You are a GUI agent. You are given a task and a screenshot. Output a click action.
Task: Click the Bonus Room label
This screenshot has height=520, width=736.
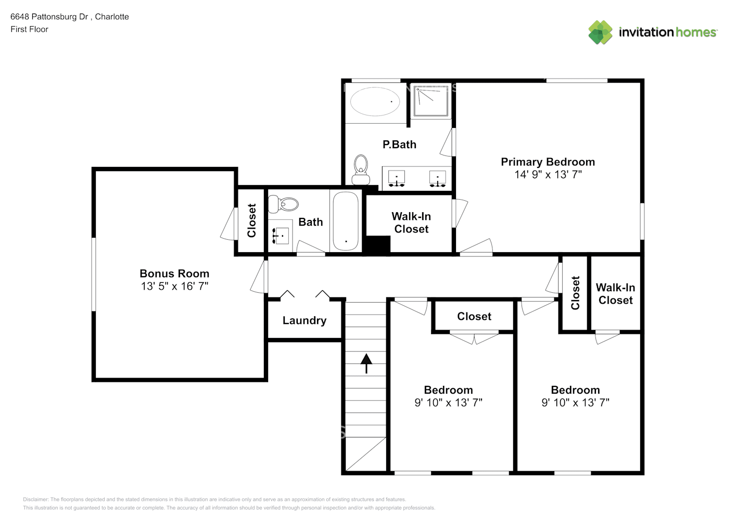click(174, 274)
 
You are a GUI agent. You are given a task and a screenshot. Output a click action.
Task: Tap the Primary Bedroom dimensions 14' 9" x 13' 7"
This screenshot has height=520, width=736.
click(548, 175)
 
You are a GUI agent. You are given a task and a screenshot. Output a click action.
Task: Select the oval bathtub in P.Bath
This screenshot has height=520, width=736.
click(375, 101)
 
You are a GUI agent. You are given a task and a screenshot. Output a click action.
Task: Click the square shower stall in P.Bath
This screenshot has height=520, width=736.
click(431, 101)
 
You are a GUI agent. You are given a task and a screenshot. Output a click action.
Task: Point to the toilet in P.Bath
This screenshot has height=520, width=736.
click(361, 170)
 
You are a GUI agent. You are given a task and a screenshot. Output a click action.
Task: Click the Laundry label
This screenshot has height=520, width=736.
click(304, 320)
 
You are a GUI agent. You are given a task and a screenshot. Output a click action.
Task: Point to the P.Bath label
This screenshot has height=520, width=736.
click(399, 145)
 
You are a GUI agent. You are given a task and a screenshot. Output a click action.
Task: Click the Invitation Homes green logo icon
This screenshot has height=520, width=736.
click(600, 32)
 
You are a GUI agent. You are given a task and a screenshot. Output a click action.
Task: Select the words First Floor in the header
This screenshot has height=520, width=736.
click(29, 29)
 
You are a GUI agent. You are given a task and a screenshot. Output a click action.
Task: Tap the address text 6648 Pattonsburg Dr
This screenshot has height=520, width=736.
click(49, 17)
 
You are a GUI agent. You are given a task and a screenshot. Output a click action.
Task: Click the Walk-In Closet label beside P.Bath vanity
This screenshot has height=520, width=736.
click(411, 223)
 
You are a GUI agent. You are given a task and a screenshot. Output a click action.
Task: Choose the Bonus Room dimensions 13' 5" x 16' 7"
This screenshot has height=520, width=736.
click(174, 286)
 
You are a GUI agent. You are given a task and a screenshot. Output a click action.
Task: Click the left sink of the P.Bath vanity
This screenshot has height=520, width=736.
click(397, 178)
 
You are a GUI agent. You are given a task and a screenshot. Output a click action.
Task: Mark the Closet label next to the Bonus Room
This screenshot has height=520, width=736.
click(251, 220)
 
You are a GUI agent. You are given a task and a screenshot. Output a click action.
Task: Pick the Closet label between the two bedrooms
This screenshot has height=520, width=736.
click(474, 316)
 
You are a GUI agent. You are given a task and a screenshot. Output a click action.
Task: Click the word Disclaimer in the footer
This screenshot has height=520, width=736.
click(35, 499)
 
